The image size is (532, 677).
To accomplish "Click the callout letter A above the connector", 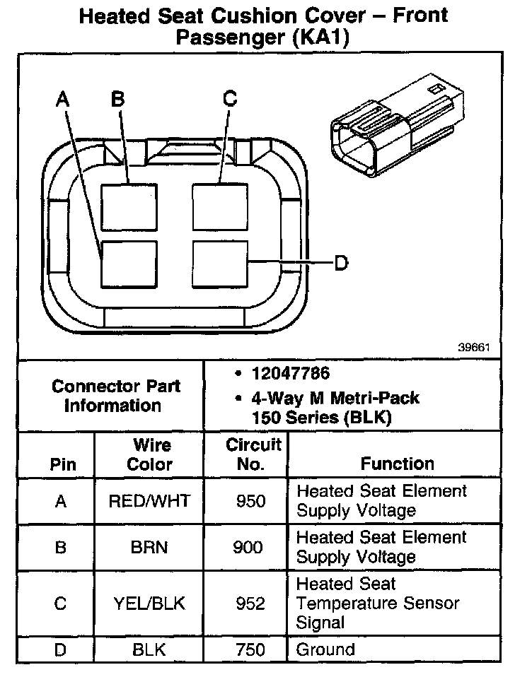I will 64,100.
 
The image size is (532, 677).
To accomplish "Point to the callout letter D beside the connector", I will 341,264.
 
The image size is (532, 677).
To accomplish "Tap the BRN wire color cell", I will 149,548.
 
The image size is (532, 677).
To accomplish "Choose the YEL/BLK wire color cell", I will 149,604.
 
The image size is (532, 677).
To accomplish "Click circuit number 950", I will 251,501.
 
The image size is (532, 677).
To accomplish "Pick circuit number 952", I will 251,604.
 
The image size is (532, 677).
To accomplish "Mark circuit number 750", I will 251,649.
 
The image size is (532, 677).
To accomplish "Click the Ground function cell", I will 325,649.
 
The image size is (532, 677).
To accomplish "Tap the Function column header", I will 397,464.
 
